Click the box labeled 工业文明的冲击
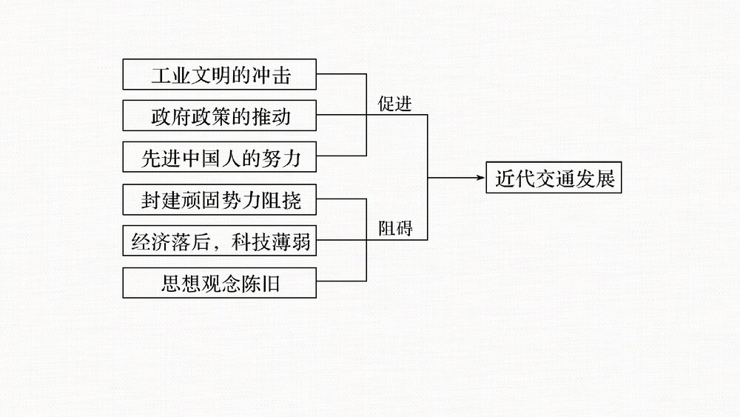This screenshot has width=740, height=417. tap(220, 75)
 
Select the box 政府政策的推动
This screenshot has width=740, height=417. tap(220, 116)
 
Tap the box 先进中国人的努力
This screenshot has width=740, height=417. tap(220, 157)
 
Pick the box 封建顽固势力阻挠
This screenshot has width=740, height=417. tap(220, 199)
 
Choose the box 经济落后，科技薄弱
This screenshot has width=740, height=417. tap(220, 241)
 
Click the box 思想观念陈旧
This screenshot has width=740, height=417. tap(220, 282)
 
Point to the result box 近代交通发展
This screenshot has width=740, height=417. tap(554, 179)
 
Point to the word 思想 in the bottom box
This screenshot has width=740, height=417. tap(178, 283)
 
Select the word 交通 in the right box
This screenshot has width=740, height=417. tap(554, 179)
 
